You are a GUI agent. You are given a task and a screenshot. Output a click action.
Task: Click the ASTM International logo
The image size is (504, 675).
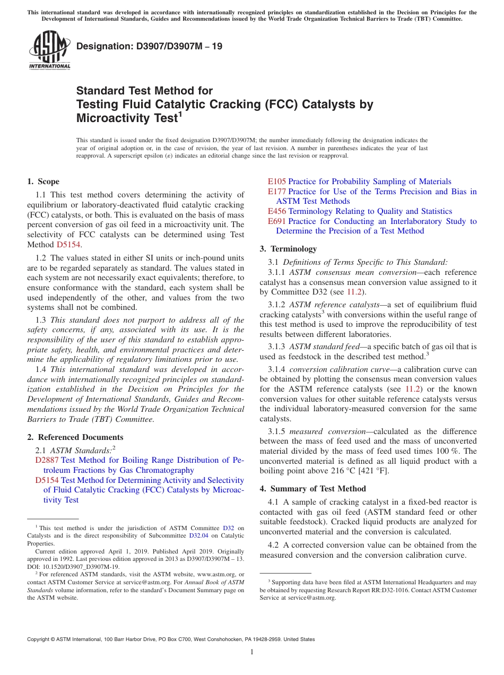click(x=49, y=50)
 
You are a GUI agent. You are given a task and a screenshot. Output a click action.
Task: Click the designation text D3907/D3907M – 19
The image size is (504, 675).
click(x=149, y=46)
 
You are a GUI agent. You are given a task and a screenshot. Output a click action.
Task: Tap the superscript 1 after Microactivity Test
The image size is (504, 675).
click(x=180, y=113)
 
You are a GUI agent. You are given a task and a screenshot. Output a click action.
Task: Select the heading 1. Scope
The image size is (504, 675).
click(x=43, y=181)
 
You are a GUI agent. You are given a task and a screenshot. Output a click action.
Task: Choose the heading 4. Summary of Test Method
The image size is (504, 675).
click(x=312, y=489)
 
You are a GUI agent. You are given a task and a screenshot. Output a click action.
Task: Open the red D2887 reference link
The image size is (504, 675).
click(x=47, y=460)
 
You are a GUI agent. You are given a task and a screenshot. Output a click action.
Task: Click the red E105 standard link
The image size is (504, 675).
click(x=276, y=181)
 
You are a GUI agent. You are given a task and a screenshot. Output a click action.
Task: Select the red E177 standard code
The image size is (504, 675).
click(x=276, y=192)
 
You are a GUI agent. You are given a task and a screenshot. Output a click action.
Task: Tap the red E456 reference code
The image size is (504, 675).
click(x=276, y=211)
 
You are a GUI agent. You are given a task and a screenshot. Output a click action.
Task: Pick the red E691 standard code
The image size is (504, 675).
click(x=276, y=221)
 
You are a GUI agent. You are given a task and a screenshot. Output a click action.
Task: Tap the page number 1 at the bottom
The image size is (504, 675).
click(x=252, y=652)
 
